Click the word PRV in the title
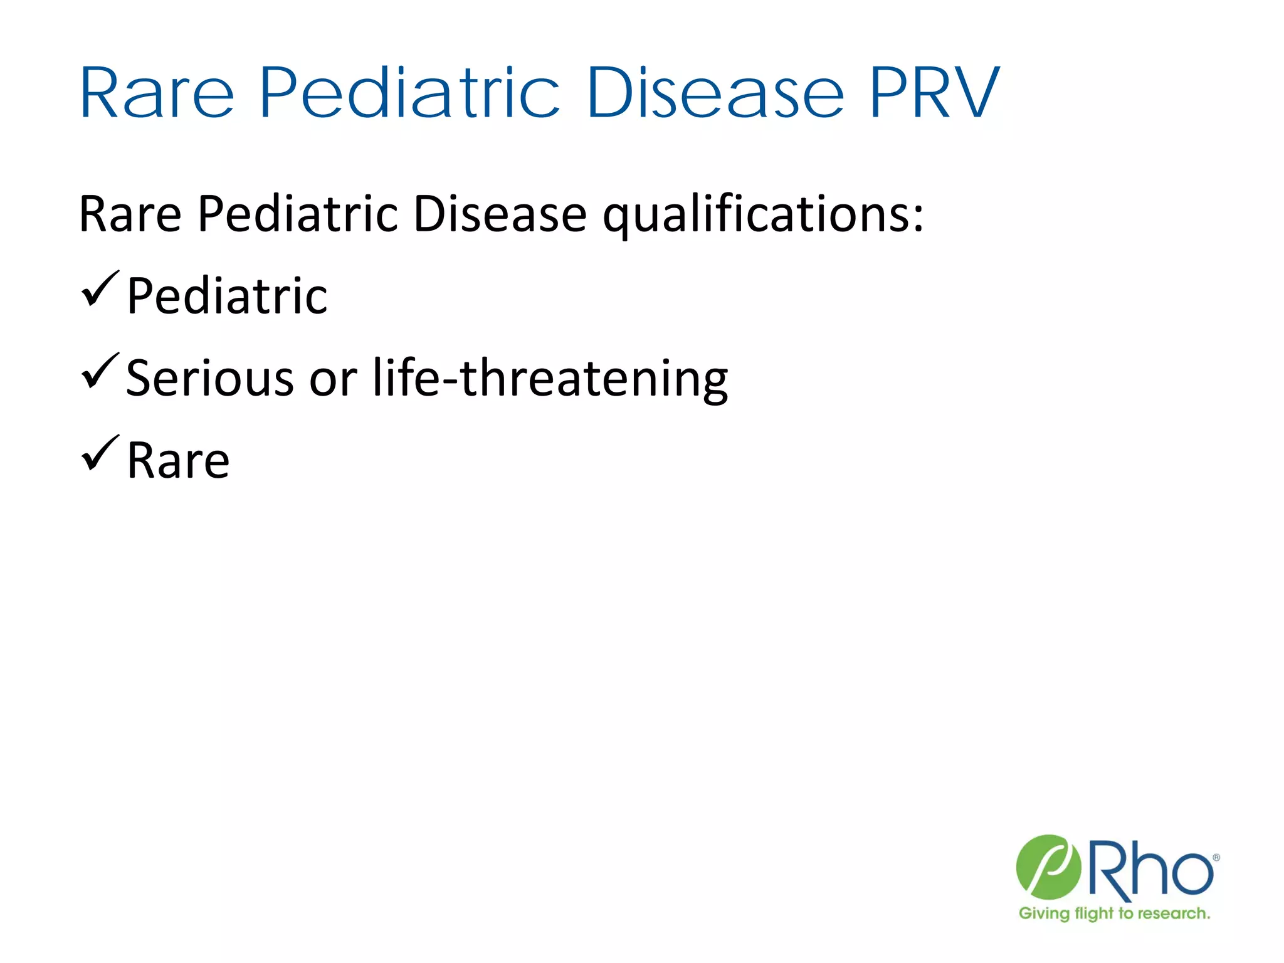(x=934, y=94)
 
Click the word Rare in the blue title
(x=157, y=94)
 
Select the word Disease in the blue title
(x=715, y=94)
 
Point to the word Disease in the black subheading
(x=500, y=215)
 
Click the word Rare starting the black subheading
(x=130, y=215)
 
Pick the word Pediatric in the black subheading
(x=297, y=215)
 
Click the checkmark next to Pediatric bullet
(x=99, y=290)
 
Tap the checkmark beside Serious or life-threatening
(x=99, y=372)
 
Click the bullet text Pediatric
(x=227, y=296)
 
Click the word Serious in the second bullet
(x=209, y=378)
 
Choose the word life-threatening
(x=550, y=378)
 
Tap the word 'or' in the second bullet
(x=333, y=379)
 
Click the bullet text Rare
(x=178, y=461)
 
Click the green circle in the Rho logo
(x=1048, y=867)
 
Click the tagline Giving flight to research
(x=1114, y=913)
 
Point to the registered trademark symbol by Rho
(x=1216, y=858)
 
